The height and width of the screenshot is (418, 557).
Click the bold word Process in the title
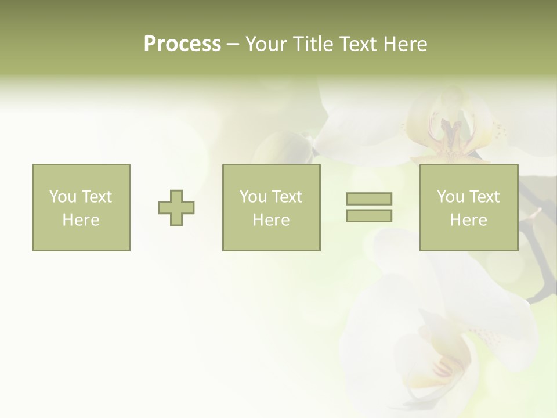click(182, 44)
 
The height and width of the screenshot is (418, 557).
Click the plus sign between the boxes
click(176, 208)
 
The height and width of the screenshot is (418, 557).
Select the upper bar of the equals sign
click(369, 199)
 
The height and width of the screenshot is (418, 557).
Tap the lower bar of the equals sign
click(369, 216)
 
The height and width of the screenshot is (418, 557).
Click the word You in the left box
click(63, 197)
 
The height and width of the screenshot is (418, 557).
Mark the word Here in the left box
click(81, 220)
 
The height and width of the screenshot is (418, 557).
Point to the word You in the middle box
click(253, 197)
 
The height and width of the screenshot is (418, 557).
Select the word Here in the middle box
click(271, 220)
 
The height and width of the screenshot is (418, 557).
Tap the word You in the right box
click(450, 197)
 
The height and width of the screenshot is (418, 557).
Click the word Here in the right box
click(468, 220)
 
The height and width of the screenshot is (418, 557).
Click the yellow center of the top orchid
click(450, 139)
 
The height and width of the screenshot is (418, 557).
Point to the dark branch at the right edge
click(542, 273)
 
